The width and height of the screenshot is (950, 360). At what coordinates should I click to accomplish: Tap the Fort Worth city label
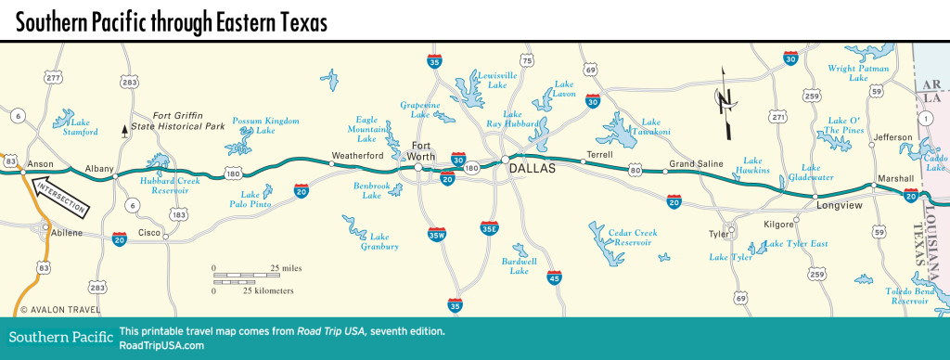422,150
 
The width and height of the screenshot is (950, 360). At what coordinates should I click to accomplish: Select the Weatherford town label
358,156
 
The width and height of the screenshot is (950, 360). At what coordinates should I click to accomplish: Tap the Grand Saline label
697,163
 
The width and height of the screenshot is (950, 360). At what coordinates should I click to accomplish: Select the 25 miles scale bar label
286,268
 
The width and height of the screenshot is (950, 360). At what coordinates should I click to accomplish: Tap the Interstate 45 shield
554,276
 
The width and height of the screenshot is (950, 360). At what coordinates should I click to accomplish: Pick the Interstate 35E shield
490,229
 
